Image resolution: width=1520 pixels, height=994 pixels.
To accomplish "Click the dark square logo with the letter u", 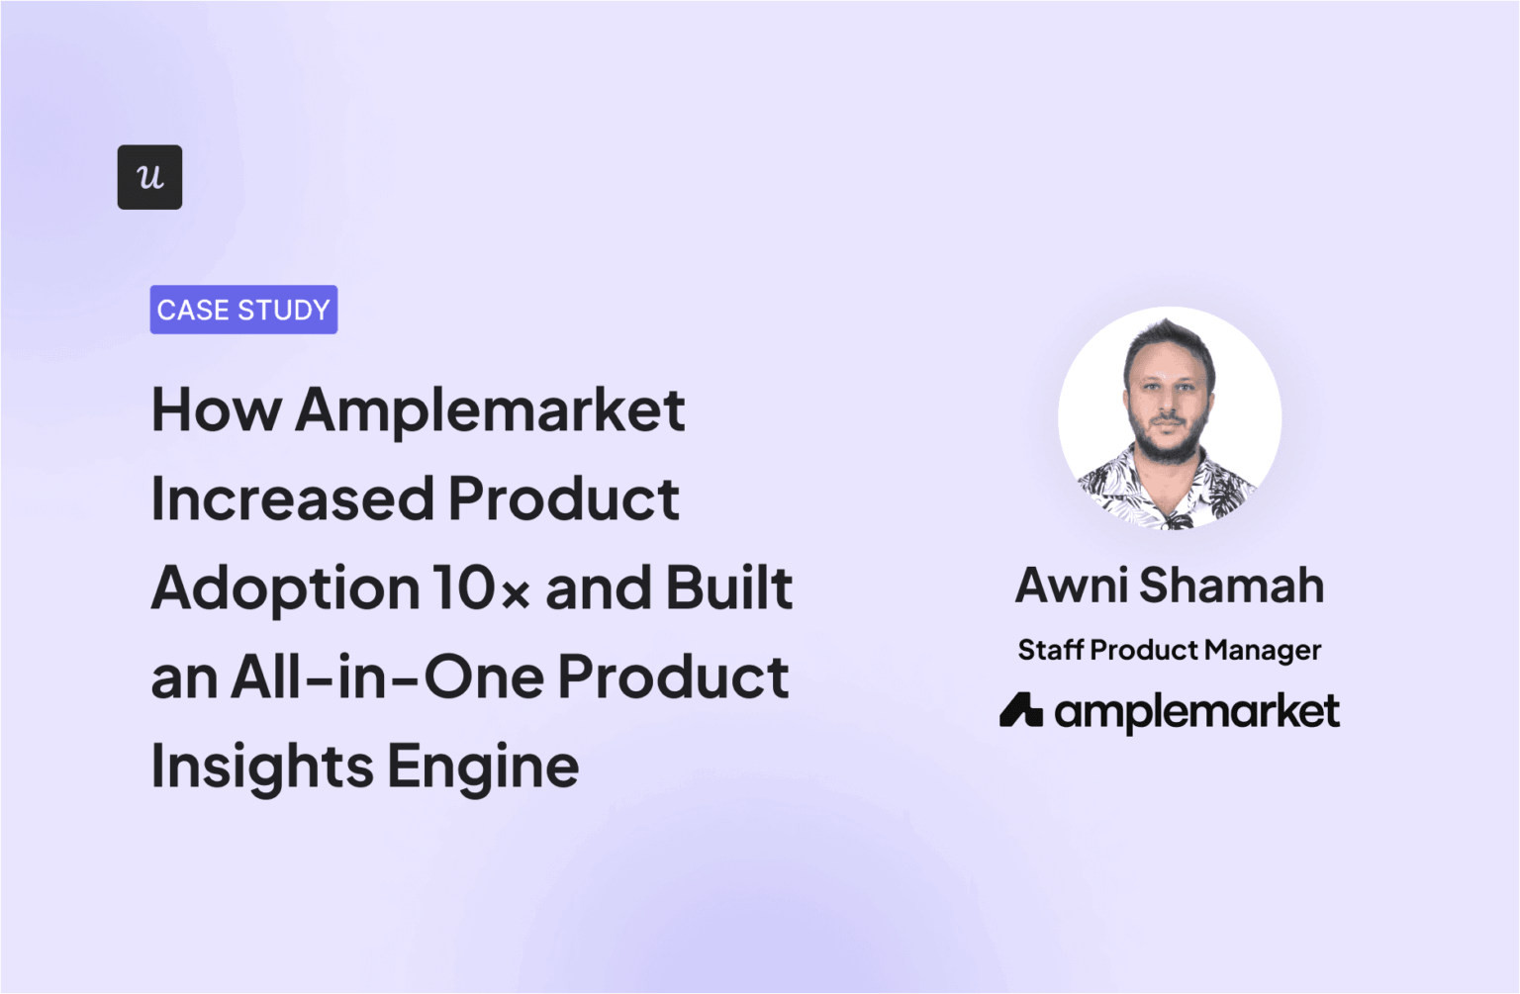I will [149, 177].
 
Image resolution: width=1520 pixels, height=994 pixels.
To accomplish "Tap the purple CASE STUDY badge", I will [243, 310].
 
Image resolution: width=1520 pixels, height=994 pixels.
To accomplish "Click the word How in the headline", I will [216, 409].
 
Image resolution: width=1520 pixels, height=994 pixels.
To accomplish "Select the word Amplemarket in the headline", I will [490, 411].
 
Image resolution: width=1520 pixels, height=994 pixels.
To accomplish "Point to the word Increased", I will [292, 498].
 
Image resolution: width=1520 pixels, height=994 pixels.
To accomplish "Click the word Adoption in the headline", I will [285, 589].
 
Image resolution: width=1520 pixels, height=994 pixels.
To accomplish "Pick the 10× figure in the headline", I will [481, 588].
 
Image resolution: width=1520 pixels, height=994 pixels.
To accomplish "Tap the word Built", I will [728, 587].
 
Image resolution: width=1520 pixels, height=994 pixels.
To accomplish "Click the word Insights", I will [262, 768].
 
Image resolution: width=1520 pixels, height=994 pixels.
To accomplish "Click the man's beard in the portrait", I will [1168, 444].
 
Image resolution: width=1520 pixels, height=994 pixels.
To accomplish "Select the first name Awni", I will [1072, 585].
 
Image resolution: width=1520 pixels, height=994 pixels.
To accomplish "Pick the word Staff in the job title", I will [1050, 650].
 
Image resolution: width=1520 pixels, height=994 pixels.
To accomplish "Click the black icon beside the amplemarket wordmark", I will [1020, 710].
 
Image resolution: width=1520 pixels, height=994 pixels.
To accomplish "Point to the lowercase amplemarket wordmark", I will [1196, 712].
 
